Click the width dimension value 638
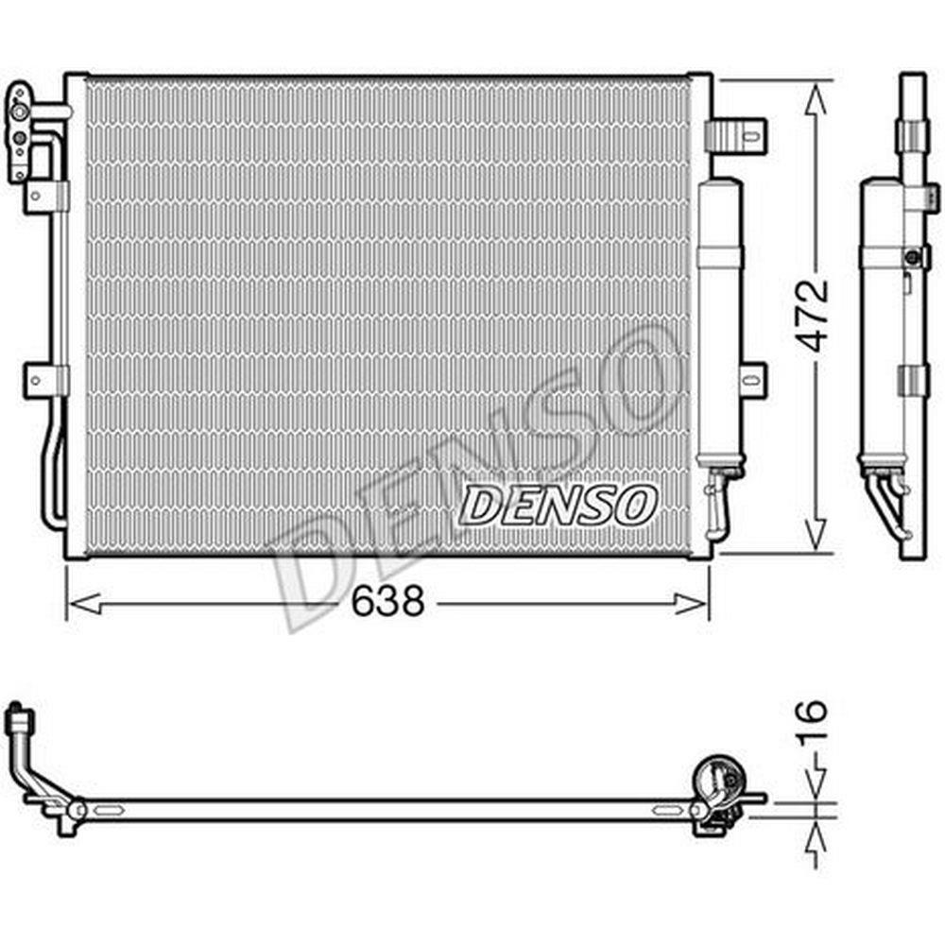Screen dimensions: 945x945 pos(388,601)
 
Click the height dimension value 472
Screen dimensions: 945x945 pos(812,316)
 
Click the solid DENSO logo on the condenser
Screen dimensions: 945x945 pos(557,505)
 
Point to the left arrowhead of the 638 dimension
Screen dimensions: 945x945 pos(85,603)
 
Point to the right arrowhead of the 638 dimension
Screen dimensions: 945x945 pos(691,603)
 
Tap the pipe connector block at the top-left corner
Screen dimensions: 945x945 pos(20,132)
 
